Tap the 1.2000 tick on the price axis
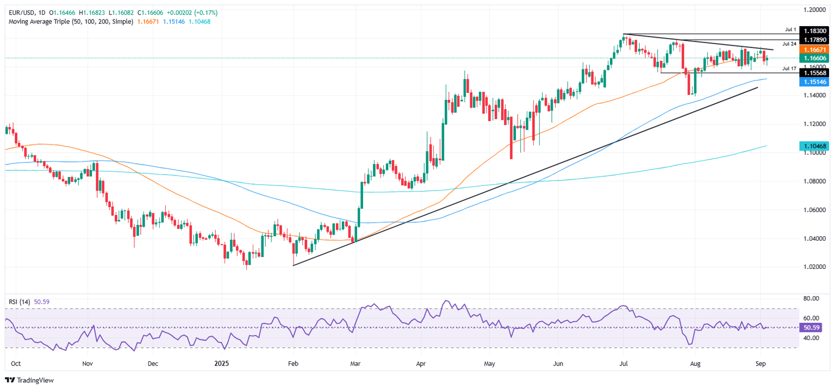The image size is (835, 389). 815,9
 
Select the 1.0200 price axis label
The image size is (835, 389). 815,267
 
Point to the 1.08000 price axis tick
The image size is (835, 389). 815,181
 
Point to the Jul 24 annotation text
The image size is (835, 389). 789,43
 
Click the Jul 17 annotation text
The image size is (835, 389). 789,68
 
